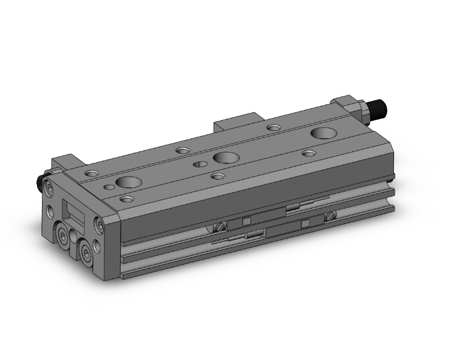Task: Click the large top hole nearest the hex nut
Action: pyautogui.click(x=324, y=133)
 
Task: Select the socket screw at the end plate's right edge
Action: pyautogui.click(x=99, y=224)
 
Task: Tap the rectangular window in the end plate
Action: pyautogui.click(x=74, y=213)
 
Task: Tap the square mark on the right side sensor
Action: pyautogui.click(x=305, y=223)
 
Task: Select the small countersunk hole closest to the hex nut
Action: pyautogui.click(x=273, y=128)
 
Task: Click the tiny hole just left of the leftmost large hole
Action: pyautogui.click(x=110, y=186)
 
